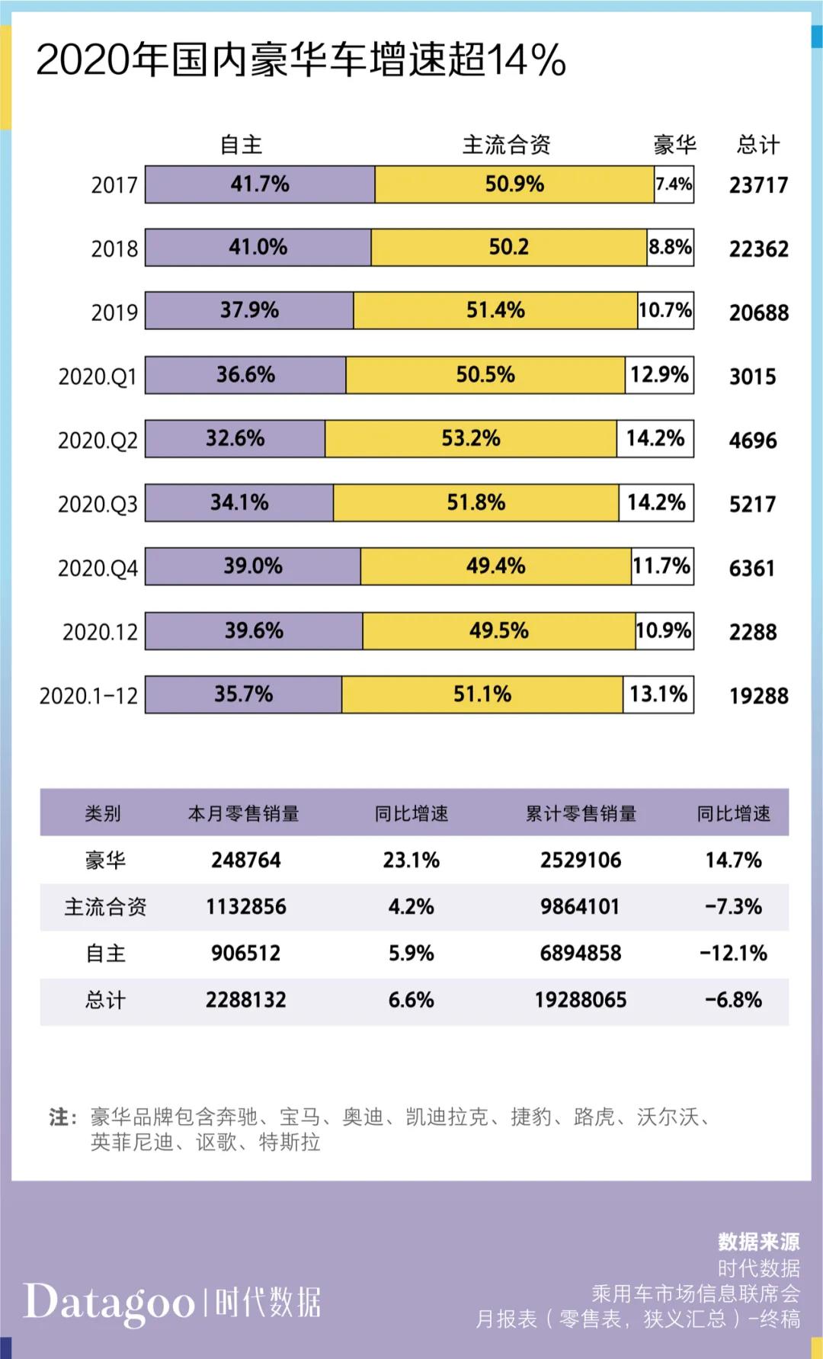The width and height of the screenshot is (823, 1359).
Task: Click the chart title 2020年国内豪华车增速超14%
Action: pyautogui.click(x=300, y=60)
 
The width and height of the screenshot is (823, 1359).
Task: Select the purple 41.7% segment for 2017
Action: pyautogui.click(x=260, y=184)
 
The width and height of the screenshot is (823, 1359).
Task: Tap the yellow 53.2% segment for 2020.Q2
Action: pyautogui.click(x=471, y=438)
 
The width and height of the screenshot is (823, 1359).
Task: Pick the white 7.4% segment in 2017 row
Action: pyautogui.click(x=674, y=184)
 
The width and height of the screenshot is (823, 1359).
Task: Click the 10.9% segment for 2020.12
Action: pyautogui.click(x=664, y=630)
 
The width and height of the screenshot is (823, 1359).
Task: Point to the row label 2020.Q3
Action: pyautogui.click(x=98, y=504)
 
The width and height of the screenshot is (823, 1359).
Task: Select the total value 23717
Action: pyautogui.click(x=757, y=185)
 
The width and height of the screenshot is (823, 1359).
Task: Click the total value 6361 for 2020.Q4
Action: pyautogui.click(x=751, y=568)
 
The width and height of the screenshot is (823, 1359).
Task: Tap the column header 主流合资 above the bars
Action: pyautogui.click(x=506, y=145)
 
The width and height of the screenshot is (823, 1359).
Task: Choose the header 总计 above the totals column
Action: pyautogui.click(x=757, y=145)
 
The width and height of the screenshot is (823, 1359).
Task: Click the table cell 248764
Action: pyautogui.click(x=246, y=861)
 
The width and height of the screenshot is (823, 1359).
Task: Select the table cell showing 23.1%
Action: pyautogui.click(x=411, y=861)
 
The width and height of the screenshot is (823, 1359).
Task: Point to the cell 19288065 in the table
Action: pyautogui.click(x=580, y=1000)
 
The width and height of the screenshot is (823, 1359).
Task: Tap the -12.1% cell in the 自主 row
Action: pyautogui.click(x=733, y=954)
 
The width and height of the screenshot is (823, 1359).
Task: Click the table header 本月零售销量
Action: pyautogui.click(x=244, y=814)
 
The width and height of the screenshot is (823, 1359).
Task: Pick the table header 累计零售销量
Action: pyautogui.click(x=581, y=814)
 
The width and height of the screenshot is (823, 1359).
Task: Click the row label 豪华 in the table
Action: pyautogui.click(x=105, y=861)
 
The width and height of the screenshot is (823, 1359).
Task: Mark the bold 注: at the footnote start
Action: pyautogui.click(x=62, y=1117)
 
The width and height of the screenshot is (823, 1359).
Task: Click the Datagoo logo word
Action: pyautogui.click(x=109, y=1302)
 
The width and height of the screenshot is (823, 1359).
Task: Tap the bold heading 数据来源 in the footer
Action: pyautogui.click(x=758, y=1242)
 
